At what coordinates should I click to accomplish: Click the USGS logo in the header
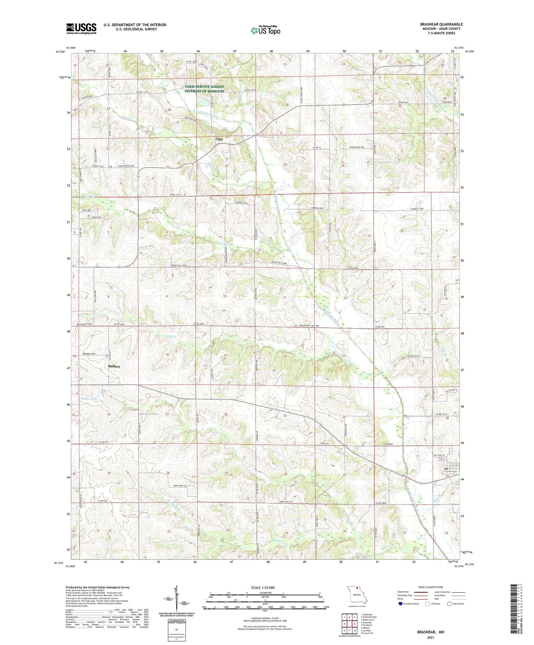[81, 28]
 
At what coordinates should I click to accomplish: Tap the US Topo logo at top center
[265, 30]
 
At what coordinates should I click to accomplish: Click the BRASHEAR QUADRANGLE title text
[441, 24]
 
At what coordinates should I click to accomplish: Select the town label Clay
[219, 139]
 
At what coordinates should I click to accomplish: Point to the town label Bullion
[114, 366]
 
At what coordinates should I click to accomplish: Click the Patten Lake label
[89, 399]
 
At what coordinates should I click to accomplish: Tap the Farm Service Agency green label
[204, 89]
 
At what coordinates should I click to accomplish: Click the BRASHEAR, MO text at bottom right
[431, 632]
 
